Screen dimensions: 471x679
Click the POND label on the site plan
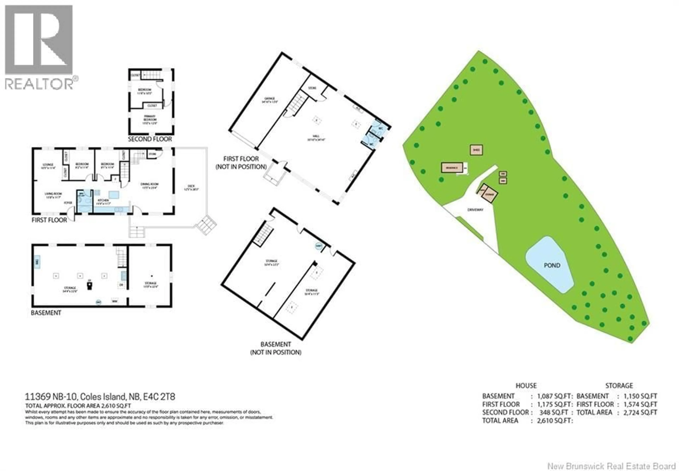(x=552, y=265)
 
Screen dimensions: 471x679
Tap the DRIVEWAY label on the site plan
(x=475, y=210)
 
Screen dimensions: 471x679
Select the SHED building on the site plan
(x=476, y=150)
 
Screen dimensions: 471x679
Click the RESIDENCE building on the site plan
(x=452, y=168)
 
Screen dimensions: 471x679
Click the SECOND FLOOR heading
(x=150, y=139)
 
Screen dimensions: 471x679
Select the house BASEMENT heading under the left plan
(x=46, y=313)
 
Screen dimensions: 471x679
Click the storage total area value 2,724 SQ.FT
(x=640, y=412)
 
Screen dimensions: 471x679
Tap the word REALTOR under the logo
(x=39, y=84)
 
